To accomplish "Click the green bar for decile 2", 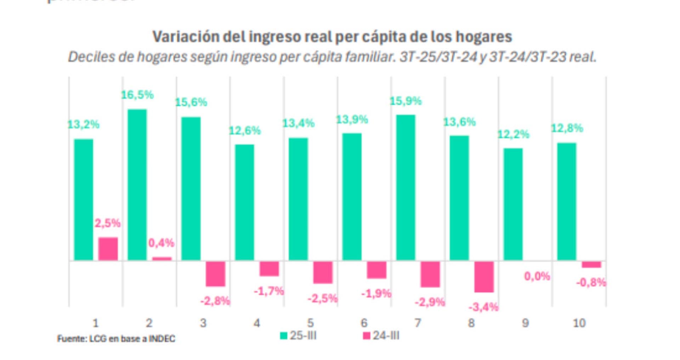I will [x=137, y=185].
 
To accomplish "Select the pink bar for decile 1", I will [x=108, y=249].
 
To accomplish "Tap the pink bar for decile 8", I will [x=484, y=277].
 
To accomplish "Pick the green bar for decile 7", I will [x=406, y=187].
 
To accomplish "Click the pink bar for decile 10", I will [x=591, y=265].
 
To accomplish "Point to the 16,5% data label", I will [x=137, y=95].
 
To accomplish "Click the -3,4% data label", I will [x=483, y=307].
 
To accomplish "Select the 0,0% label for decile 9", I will [x=537, y=276].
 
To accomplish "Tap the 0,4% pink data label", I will [x=161, y=243].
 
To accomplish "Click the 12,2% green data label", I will [x=513, y=134].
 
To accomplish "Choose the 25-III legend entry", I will [x=298, y=336].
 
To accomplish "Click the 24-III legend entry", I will [x=381, y=336].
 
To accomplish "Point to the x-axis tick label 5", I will [x=310, y=323].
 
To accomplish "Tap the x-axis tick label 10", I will [x=579, y=323].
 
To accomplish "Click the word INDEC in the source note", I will [x=162, y=339].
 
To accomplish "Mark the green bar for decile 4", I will [x=244, y=202].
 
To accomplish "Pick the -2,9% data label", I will [x=430, y=302].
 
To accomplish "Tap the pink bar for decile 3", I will [x=215, y=274].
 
